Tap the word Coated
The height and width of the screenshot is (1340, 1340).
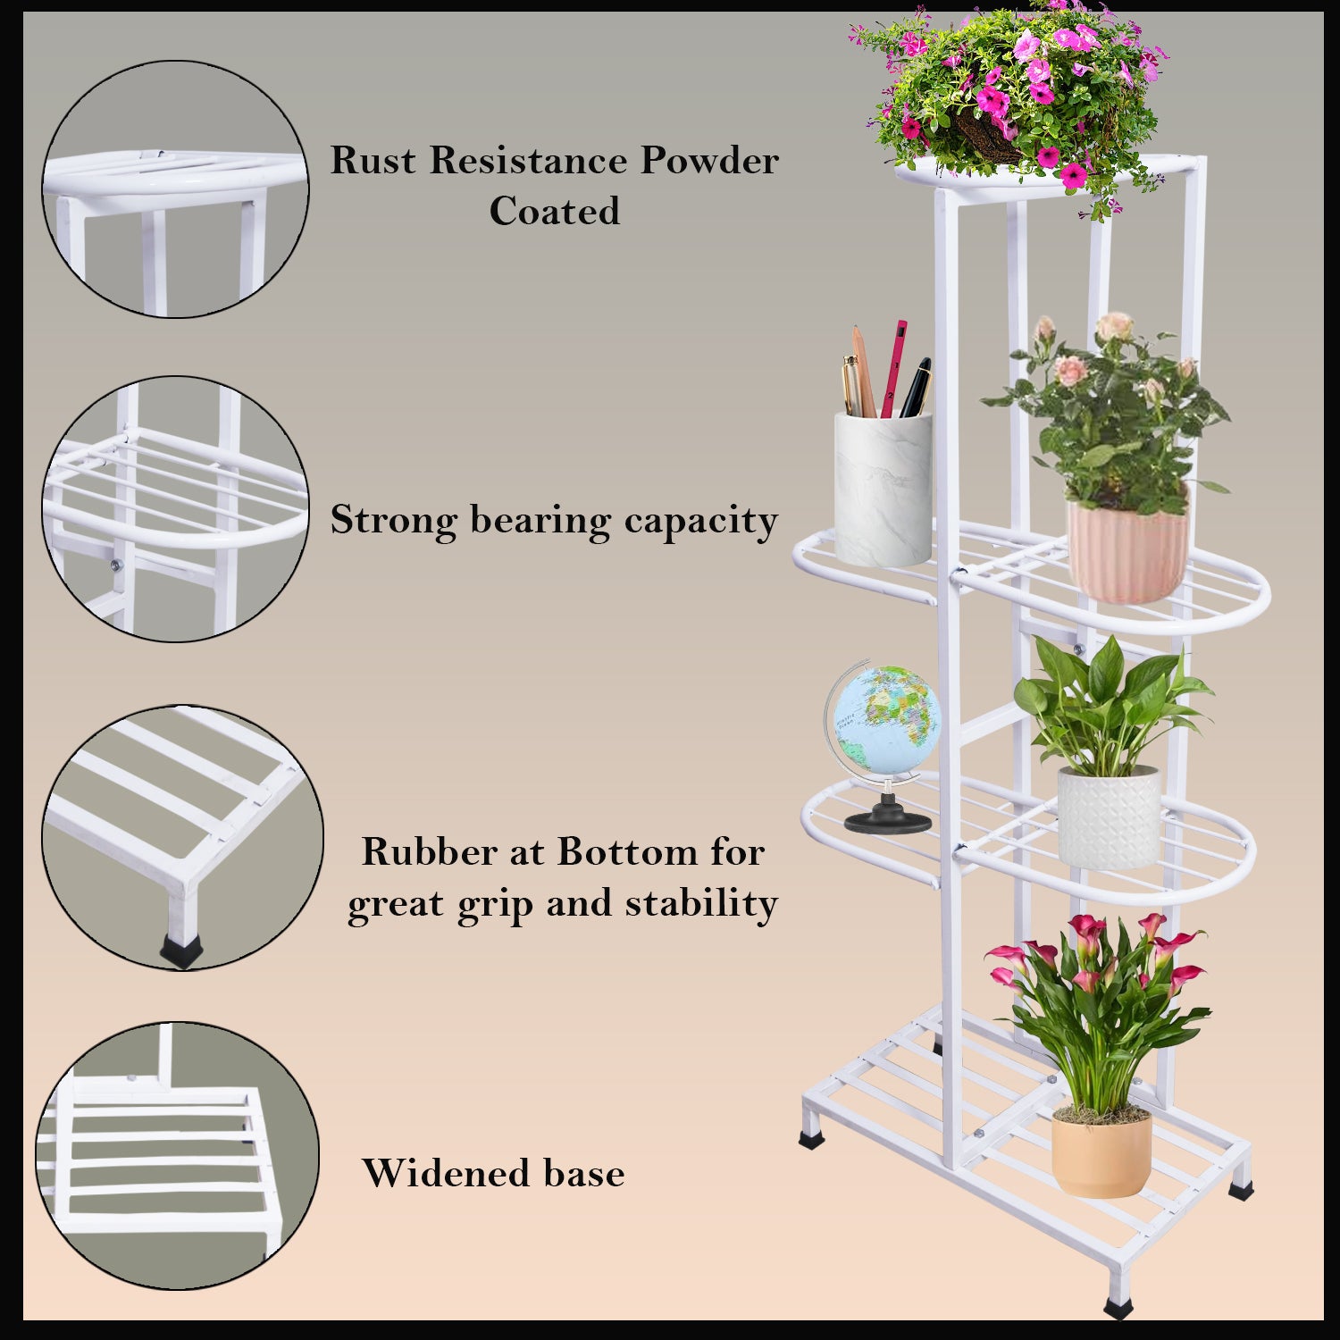pos(554,212)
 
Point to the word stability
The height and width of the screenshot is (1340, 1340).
pos(701,903)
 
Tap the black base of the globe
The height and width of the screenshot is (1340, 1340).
pos(888,819)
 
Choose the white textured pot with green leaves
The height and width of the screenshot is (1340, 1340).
pos(1109,817)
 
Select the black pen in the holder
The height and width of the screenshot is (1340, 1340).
pos(916,387)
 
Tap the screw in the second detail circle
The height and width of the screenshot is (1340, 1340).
pos(115,565)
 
